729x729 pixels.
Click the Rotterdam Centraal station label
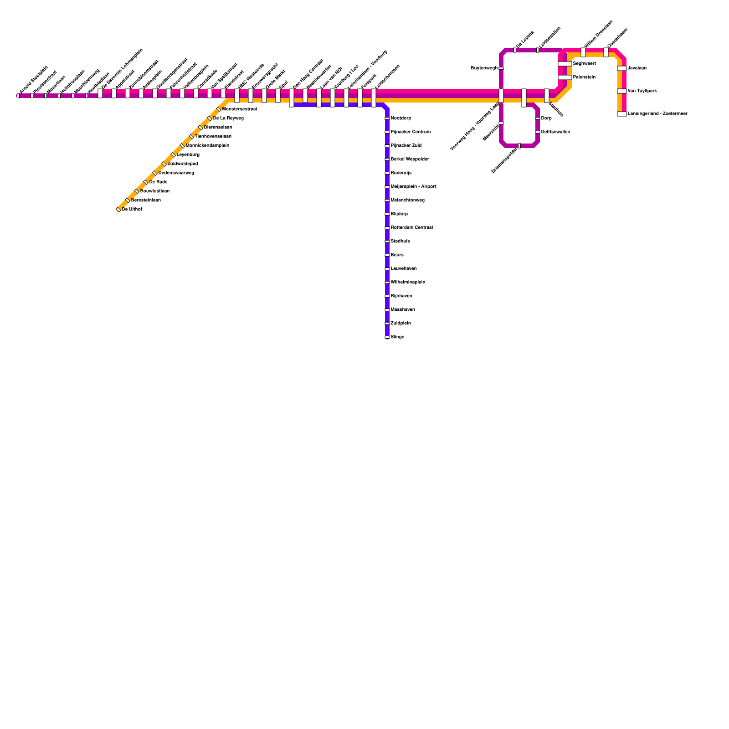[x=411, y=228]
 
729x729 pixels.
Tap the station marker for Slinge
[x=387, y=337]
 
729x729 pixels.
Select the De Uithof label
[x=132, y=210]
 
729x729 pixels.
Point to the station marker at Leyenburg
[x=173, y=155]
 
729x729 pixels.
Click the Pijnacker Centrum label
[x=411, y=132]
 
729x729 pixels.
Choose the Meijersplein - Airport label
[x=413, y=187]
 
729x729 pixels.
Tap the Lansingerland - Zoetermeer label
[x=657, y=114]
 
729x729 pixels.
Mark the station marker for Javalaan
[x=622, y=68]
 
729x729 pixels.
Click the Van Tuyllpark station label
[x=642, y=91]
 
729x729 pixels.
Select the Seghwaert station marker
[x=565, y=64]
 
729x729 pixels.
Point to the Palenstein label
[x=584, y=77]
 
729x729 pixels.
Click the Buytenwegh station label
[x=484, y=68]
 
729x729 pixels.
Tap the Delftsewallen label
[x=555, y=132]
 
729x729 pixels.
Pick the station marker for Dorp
[x=538, y=118]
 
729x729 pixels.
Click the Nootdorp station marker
[x=387, y=118]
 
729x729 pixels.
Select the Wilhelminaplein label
[x=408, y=282]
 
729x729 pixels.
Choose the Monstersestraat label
[x=240, y=109]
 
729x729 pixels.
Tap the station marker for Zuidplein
[x=387, y=323]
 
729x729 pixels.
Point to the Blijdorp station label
[x=399, y=214]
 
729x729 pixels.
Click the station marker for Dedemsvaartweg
[x=155, y=173]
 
